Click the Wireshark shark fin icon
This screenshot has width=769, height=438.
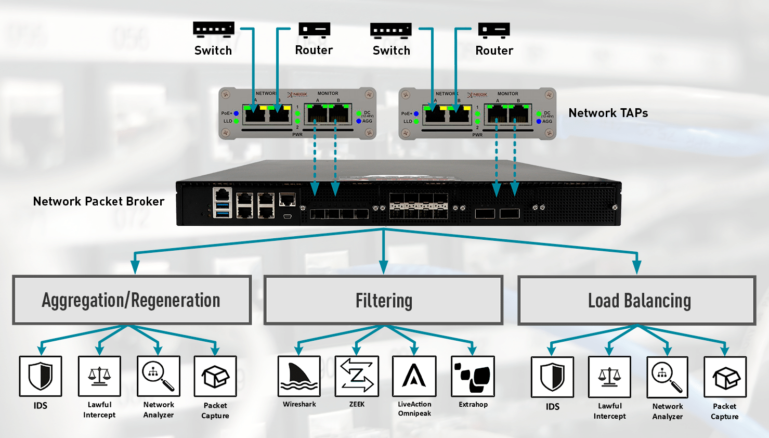298,376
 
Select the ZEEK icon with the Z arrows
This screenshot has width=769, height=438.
357,376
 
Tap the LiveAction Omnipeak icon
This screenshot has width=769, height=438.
414,376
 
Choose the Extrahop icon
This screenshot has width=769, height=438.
473,376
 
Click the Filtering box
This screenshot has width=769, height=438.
384,300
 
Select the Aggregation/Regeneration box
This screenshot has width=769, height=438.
132,300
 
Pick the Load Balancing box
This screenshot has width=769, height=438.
637,301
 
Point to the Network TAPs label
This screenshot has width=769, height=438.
608,113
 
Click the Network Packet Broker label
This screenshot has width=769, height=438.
99,201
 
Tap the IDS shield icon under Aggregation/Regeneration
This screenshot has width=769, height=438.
41,376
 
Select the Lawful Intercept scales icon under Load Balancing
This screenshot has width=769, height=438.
609,377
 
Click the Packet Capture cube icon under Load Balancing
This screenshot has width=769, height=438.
725,377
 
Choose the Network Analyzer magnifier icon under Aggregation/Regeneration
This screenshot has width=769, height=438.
158,376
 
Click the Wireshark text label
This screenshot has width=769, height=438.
299,404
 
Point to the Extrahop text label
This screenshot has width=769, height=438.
473,404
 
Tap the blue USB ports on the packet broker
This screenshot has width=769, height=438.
223,209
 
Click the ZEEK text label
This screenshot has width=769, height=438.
357,404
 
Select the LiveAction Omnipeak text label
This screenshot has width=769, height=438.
414,409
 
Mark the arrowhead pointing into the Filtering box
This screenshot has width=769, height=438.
384,267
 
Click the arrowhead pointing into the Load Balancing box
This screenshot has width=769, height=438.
637,267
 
